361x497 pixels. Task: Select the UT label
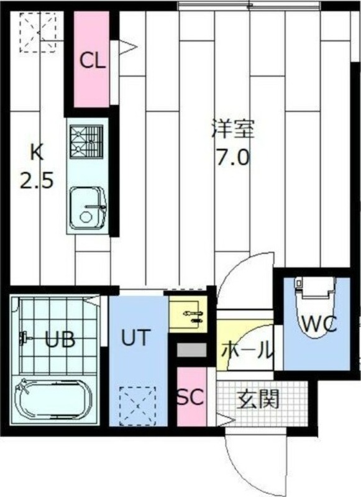[135, 338]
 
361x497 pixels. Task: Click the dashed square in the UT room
[137, 403]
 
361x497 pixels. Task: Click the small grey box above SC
[191, 350]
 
